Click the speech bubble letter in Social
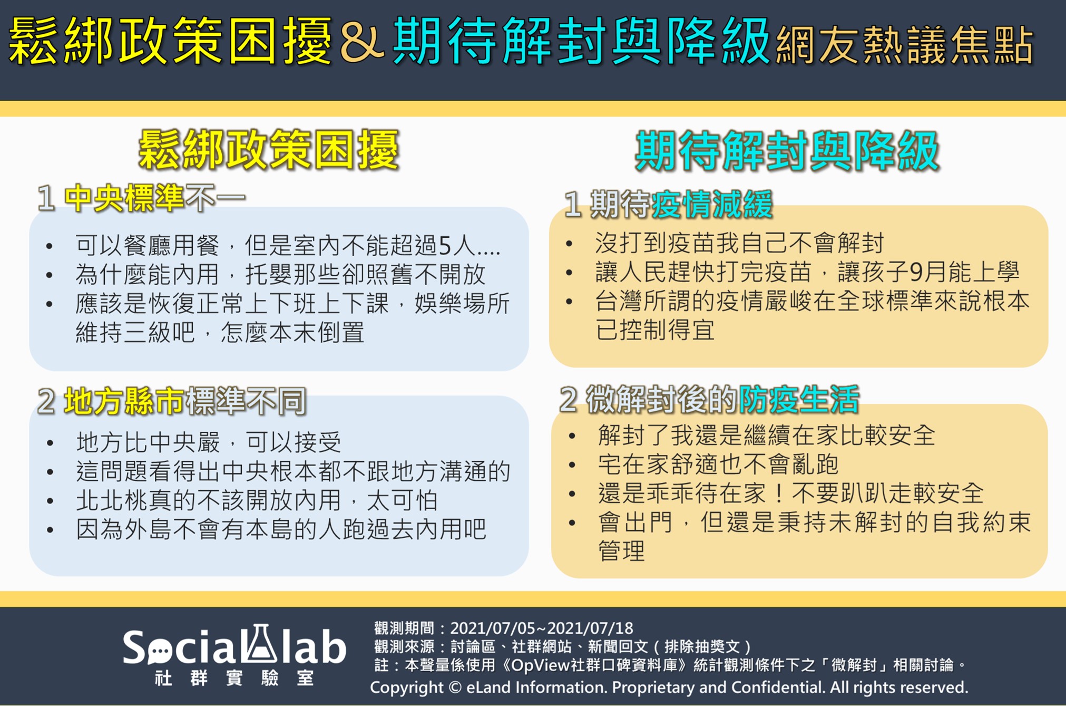158,650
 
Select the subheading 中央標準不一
141,199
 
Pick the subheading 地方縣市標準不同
172,401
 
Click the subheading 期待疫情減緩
668,204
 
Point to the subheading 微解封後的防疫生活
709,399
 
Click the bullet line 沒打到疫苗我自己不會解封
739,243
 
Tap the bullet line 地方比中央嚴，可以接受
209,442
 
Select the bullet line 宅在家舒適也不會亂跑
718,465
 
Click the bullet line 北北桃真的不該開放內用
257,500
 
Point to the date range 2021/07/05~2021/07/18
542,628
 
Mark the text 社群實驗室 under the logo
234,678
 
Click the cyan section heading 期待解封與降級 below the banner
787,151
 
